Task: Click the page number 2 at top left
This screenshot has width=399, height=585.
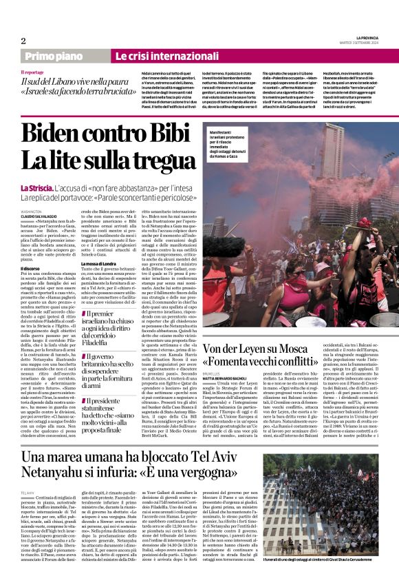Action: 23,41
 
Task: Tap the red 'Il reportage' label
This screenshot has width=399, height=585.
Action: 32,72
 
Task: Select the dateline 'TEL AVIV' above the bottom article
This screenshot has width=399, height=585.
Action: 28,493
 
